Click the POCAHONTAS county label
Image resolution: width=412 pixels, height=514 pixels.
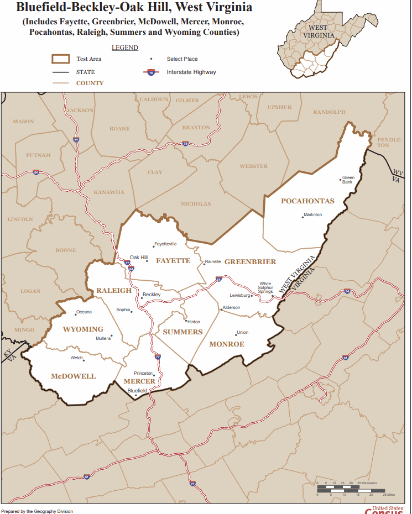click(307, 201)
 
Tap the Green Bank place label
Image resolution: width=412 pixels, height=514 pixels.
click(348, 180)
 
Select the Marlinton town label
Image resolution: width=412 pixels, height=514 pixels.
click(312, 214)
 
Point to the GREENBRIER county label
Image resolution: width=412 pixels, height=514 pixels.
click(250, 261)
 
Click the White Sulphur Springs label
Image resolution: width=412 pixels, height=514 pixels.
click(265, 287)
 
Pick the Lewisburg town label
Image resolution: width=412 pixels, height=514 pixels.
click(240, 295)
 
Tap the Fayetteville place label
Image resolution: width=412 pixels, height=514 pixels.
click(165, 244)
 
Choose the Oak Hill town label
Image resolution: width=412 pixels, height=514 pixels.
click(139, 258)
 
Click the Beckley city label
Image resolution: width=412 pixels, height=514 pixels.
click(152, 295)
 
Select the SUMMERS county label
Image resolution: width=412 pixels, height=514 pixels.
click(182, 332)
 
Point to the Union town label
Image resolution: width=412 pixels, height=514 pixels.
click(242, 333)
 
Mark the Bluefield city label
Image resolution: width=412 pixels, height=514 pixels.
click(137, 390)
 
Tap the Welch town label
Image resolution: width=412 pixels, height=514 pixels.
click(76, 358)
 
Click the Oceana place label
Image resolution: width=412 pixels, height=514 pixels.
click(84, 312)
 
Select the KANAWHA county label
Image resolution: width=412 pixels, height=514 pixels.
click(109, 192)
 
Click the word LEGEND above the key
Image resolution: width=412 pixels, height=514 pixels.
click(125, 48)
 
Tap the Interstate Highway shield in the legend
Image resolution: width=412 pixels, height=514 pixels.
click(151, 72)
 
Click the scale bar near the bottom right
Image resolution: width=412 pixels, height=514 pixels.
click(351, 490)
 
